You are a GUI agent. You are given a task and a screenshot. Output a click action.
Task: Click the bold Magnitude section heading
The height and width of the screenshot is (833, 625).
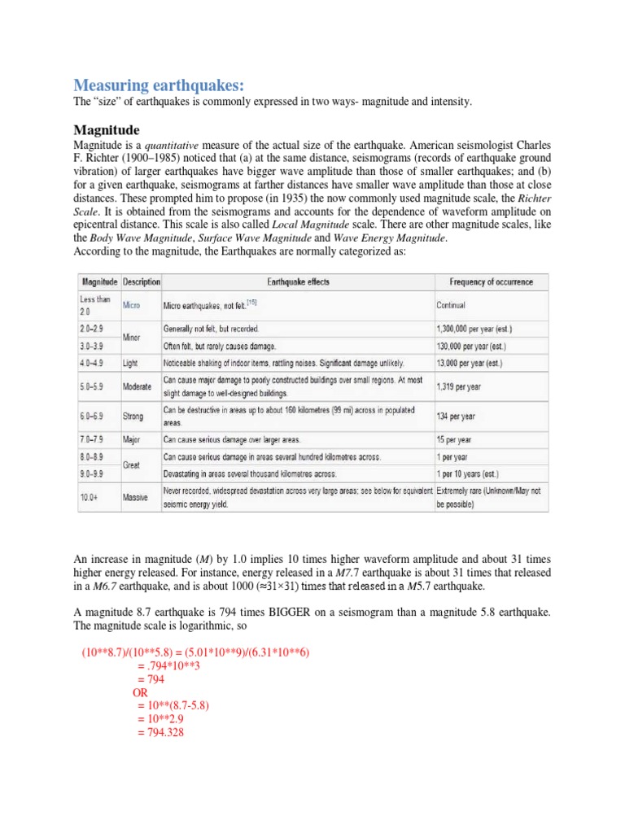click(x=107, y=129)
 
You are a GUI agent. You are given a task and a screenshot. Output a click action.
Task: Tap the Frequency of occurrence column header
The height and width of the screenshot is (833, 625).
click(x=492, y=281)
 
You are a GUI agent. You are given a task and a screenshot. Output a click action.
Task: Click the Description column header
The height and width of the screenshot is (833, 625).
click(x=142, y=281)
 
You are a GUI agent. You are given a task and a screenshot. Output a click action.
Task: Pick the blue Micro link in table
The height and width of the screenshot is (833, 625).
click(x=132, y=305)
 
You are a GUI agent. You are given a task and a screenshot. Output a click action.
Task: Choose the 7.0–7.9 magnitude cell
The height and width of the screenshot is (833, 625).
click(x=95, y=440)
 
